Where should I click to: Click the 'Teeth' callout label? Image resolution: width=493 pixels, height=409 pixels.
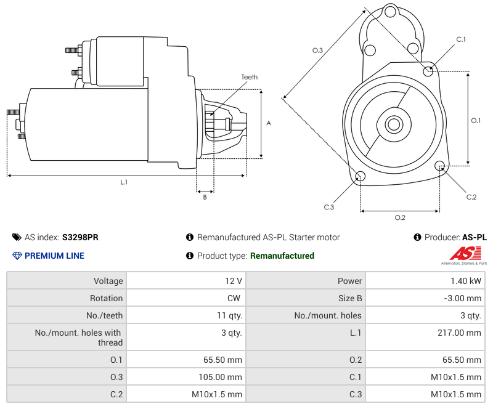pos(249,77)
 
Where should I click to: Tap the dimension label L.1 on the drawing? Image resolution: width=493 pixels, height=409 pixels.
pos(124,182)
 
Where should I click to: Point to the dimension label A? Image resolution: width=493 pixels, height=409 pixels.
pos(269,123)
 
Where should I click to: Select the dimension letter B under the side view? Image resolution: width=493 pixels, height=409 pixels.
pos(205,197)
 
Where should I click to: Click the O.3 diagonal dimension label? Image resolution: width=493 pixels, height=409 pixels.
pos(318,51)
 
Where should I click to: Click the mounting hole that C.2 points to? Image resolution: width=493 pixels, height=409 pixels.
pos(440,166)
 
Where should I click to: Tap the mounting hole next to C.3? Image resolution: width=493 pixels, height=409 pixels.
pos(361,177)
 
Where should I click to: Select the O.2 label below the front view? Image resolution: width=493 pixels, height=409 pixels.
pos(399,217)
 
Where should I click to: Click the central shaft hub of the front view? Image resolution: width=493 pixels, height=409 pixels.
pos(393,124)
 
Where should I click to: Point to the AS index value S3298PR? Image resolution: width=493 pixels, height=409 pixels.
pos(80,237)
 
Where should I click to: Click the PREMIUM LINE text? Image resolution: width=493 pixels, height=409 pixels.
pos(54,256)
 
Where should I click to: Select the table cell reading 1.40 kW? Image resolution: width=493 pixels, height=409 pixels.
pos(467,281)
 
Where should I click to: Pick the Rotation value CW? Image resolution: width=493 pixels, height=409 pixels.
pos(235,298)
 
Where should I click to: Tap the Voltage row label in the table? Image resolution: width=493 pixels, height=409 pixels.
pos(108,281)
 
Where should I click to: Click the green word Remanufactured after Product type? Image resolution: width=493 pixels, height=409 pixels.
pos(282,256)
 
